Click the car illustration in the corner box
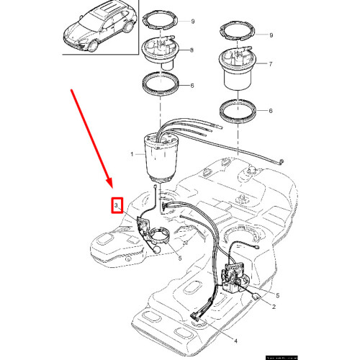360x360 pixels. tap(99, 27)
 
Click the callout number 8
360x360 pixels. tap(191, 50)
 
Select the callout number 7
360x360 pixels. tap(270, 65)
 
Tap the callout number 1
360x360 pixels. tap(132, 155)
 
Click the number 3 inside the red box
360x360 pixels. tap(116, 207)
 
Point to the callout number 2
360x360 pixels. tap(274, 306)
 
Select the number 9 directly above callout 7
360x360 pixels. tap(270, 35)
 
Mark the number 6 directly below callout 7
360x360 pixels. tap(270, 112)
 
